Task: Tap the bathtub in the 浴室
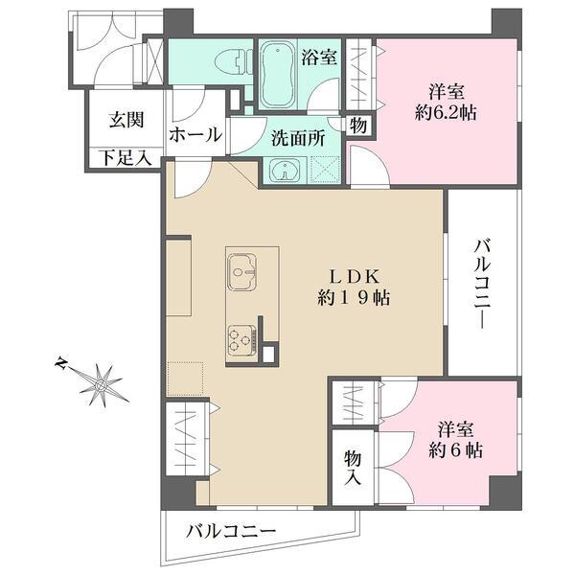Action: click(279, 74)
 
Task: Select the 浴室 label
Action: click(318, 57)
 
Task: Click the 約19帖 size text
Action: click(353, 297)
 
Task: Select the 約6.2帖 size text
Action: click(448, 112)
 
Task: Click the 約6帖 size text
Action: click(454, 450)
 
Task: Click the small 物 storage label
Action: click(356, 125)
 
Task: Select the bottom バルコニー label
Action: click(231, 530)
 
